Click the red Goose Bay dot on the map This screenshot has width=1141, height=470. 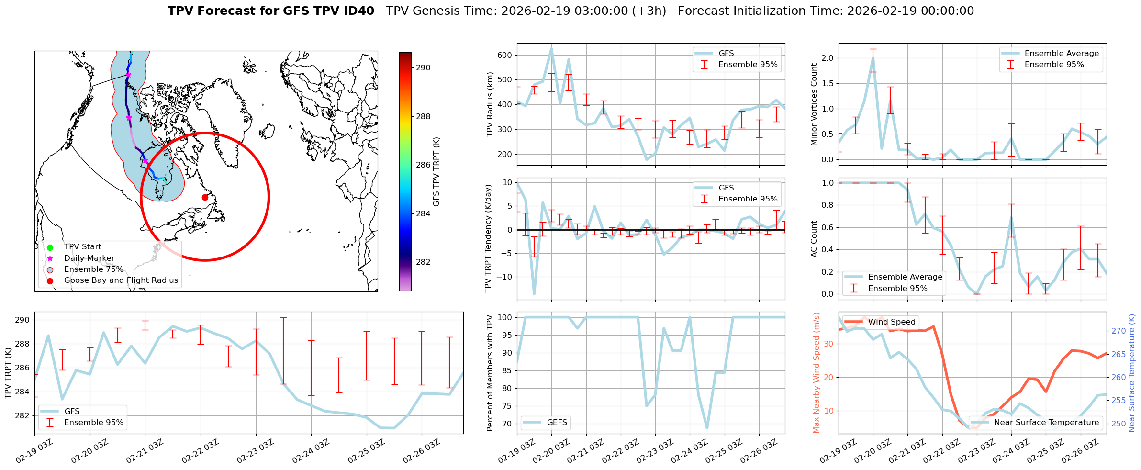click(x=205, y=197)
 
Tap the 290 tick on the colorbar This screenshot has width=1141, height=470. click(x=423, y=68)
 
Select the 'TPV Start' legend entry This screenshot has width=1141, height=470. click(x=82, y=247)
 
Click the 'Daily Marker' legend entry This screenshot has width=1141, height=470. click(x=89, y=258)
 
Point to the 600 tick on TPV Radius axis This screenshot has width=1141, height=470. click(x=505, y=55)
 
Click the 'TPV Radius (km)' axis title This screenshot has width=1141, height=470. click(x=490, y=104)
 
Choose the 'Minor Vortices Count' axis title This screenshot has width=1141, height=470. click(x=814, y=104)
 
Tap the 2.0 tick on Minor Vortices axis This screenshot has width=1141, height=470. click(x=827, y=58)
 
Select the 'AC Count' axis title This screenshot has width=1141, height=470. click(x=814, y=239)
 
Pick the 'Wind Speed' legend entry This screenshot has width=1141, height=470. click(x=892, y=322)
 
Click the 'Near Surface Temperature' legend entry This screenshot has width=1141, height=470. click(x=1046, y=423)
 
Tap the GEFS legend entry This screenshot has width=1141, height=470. click(x=557, y=423)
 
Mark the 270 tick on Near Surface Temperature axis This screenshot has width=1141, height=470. click(x=1119, y=331)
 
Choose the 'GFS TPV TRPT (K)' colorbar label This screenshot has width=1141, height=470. click(x=436, y=172)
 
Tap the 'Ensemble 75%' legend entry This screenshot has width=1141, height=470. click(x=93, y=269)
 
